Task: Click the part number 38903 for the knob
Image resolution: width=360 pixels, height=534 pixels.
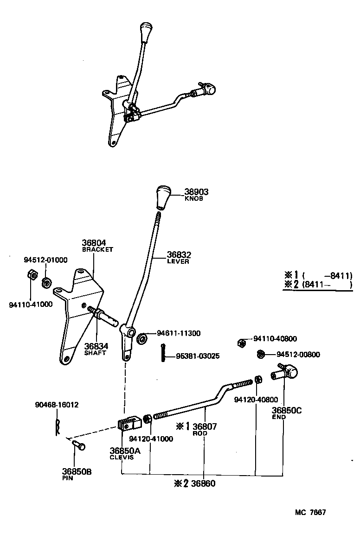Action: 196,191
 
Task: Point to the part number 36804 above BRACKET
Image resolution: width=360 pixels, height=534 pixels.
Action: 94,242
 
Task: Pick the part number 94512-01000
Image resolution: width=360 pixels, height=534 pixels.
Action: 45,260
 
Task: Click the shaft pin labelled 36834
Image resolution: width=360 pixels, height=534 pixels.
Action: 105,317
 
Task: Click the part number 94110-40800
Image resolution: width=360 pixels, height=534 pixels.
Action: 275,339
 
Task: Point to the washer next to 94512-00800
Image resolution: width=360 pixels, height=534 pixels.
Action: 261,355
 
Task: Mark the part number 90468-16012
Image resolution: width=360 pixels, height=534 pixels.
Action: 57,405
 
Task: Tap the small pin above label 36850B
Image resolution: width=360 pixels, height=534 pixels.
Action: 77,445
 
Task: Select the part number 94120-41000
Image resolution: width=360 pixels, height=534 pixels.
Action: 151,439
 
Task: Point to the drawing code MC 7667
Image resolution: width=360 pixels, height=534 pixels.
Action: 310,512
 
